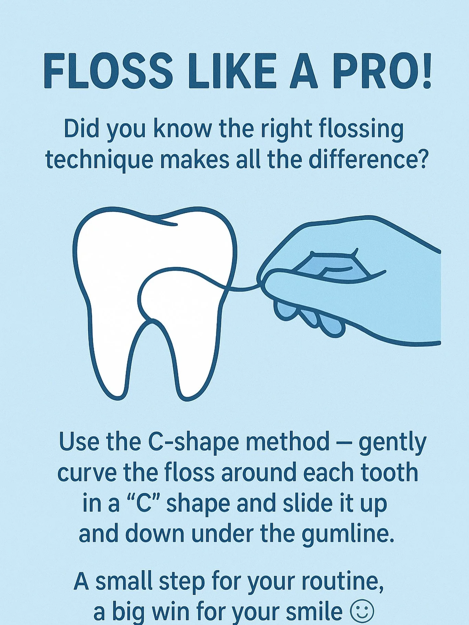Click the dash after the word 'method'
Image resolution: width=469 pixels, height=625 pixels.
344,442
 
